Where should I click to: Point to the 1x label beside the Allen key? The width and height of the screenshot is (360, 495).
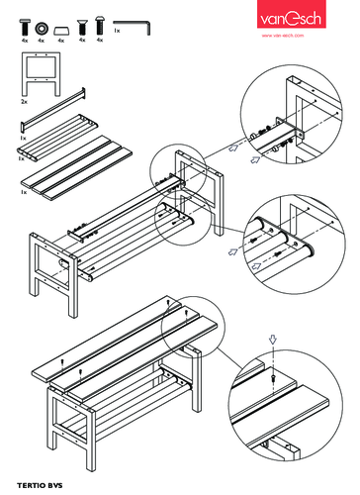coord(117,32)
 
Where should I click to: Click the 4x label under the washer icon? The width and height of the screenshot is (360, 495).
coord(42,41)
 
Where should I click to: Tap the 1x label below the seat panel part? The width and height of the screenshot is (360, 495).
coord(23,191)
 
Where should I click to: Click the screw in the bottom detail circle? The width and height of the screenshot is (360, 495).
coord(272,377)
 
